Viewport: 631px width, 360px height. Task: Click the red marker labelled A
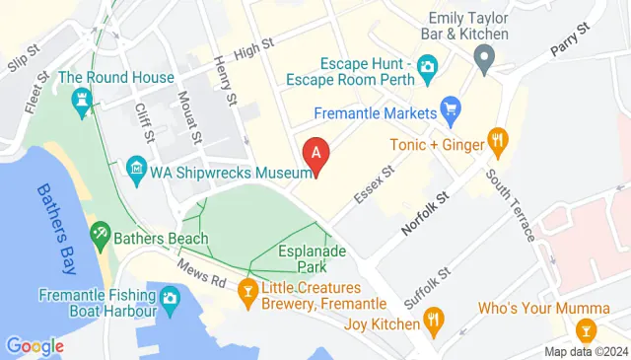(x=315, y=154)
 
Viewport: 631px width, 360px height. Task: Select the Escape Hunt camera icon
(x=428, y=67)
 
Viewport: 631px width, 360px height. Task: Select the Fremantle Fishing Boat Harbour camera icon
(x=169, y=297)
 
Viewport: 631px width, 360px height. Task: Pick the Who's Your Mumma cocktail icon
(x=588, y=328)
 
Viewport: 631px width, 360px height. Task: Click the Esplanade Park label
(x=313, y=259)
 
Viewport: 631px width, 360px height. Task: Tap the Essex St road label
(x=375, y=184)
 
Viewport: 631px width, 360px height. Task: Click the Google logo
(x=35, y=345)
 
